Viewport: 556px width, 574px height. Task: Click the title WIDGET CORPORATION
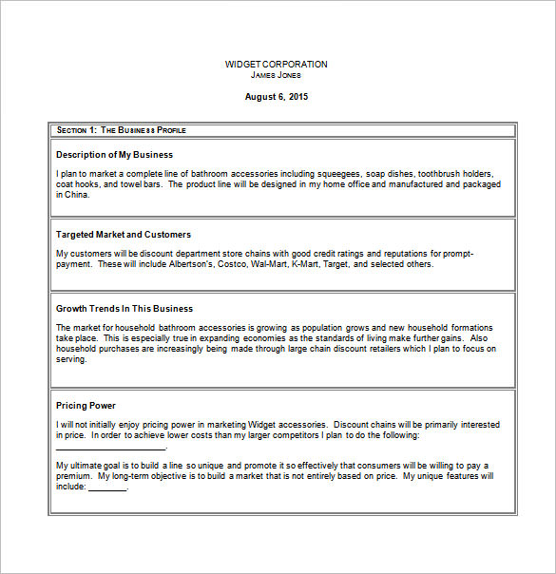tap(276, 65)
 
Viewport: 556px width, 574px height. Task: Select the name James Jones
tap(276, 74)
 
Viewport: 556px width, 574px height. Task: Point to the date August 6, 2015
tap(277, 96)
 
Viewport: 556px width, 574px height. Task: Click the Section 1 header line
tap(121, 129)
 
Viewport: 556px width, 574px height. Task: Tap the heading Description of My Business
tap(114, 154)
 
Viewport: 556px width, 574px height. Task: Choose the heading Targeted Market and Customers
tap(124, 234)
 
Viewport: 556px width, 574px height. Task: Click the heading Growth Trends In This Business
tap(125, 308)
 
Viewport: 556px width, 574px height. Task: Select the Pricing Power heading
tap(86, 405)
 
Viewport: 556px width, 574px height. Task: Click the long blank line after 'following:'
tap(111, 447)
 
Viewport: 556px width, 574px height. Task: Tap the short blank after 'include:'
tap(107, 487)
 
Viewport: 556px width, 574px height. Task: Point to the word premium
tap(74, 475)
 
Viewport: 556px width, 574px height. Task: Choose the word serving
tap(71, 358)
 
